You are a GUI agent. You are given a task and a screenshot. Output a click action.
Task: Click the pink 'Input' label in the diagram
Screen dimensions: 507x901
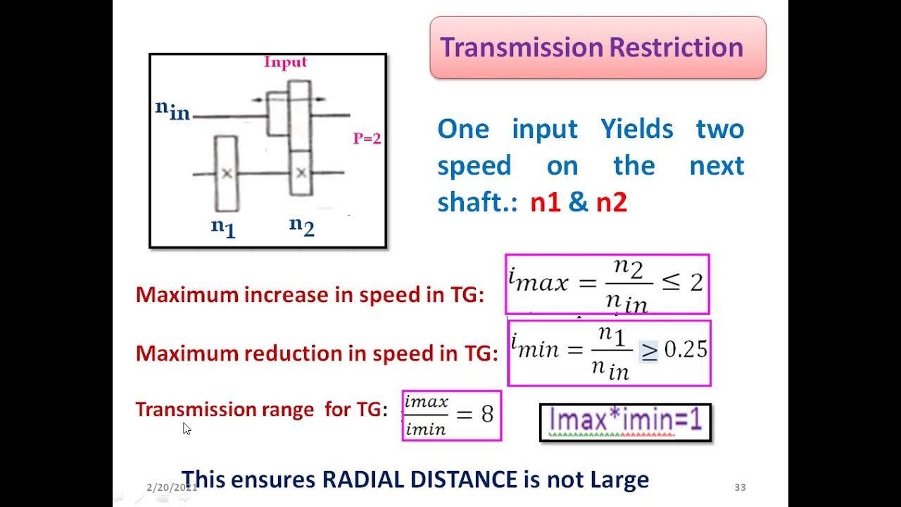(x=285, y=62)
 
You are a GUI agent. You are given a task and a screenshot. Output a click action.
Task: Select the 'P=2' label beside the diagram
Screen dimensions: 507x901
(x=367, y=139)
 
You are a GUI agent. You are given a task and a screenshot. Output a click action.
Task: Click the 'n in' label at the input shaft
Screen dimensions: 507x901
(x=172, y=110)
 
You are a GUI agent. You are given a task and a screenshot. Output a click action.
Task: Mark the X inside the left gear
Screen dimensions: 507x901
(x=226, y=173)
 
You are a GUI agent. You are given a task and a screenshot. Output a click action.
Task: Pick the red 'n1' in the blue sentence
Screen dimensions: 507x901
(x=544, y=203)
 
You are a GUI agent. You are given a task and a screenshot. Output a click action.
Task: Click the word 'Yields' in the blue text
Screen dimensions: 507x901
(x=637, y=130)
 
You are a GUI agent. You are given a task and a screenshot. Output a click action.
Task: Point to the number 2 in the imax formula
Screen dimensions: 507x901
(x=695, y=283)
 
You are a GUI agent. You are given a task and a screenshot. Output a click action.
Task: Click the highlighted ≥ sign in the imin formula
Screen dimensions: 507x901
(x=648, y=350)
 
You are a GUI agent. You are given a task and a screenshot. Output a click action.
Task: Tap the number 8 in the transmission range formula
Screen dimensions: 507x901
(x=487, y=414)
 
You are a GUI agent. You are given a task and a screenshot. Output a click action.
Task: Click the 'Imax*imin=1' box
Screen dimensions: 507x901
(x=625, y=422)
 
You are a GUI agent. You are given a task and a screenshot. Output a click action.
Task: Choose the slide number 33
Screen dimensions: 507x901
(x=740, y=487)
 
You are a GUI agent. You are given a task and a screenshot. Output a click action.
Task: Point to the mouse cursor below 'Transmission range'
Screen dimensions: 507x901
(x=187, y=428)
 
